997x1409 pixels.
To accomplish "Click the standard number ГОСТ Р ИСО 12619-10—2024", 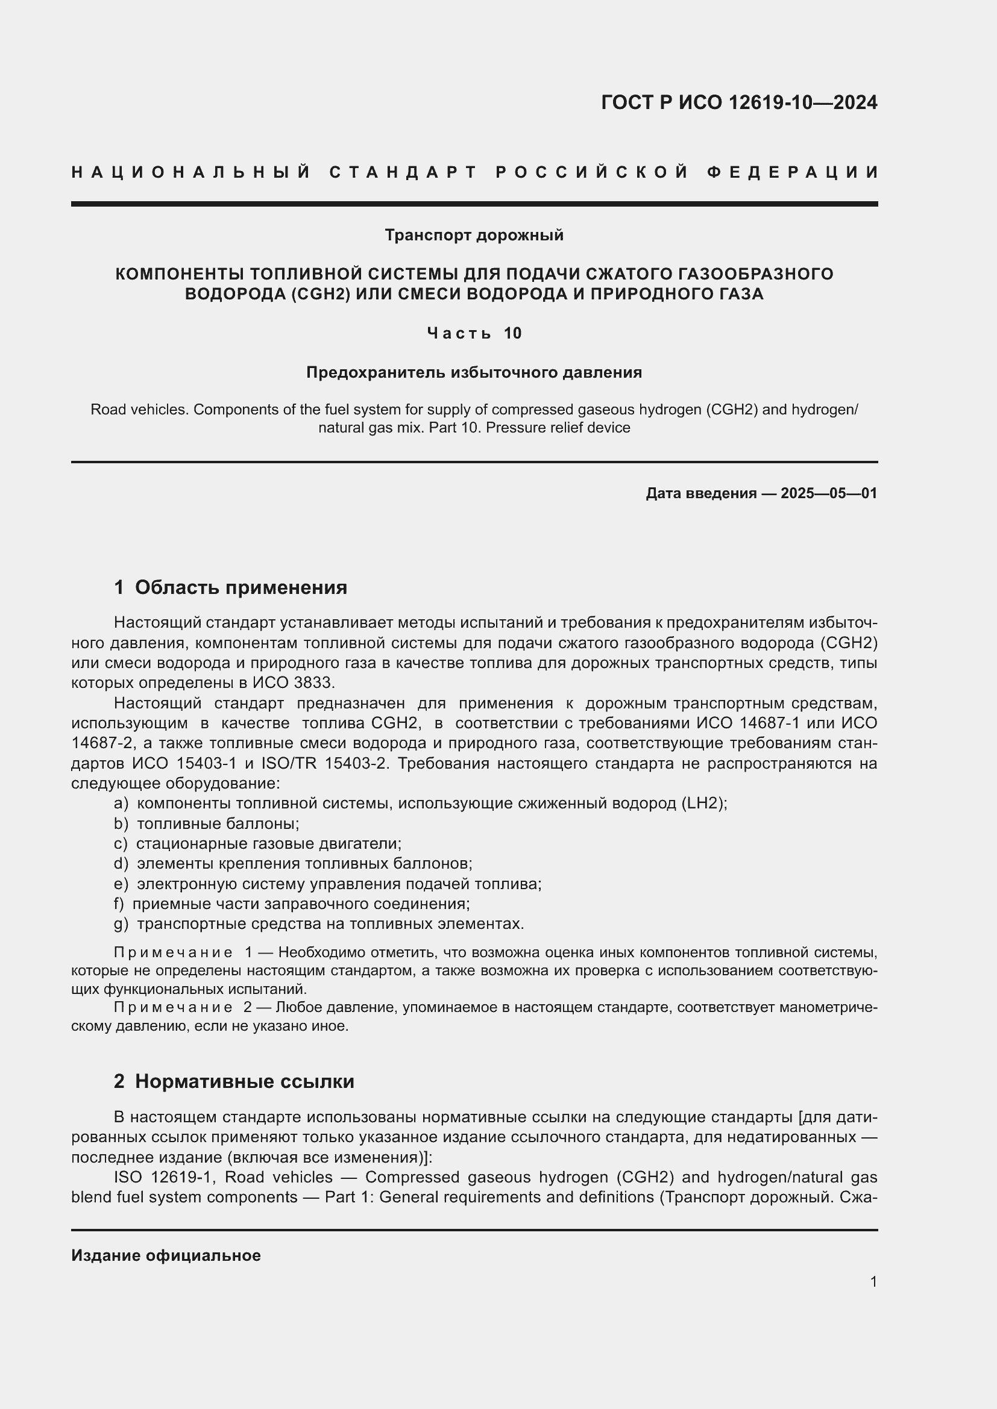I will (x=738, y=102).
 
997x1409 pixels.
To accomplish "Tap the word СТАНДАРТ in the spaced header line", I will (x=403, y=172).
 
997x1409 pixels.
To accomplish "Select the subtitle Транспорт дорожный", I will (x=474, y=235).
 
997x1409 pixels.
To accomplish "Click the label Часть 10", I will (x=474, y=333).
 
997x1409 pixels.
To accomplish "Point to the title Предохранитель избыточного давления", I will (x=474, y=372).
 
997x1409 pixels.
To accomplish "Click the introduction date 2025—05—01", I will (x=829, y=493).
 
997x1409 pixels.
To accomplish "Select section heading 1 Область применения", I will (x=230, y=587).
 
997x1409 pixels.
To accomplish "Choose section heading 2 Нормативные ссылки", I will (x=234, y=1081).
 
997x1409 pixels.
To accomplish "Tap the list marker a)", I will (x=121, y=804).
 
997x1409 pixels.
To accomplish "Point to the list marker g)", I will (x=121, y=923).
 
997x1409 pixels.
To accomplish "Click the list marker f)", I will (x=119, y=904).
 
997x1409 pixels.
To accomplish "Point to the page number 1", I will (x=873, y=1281).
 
